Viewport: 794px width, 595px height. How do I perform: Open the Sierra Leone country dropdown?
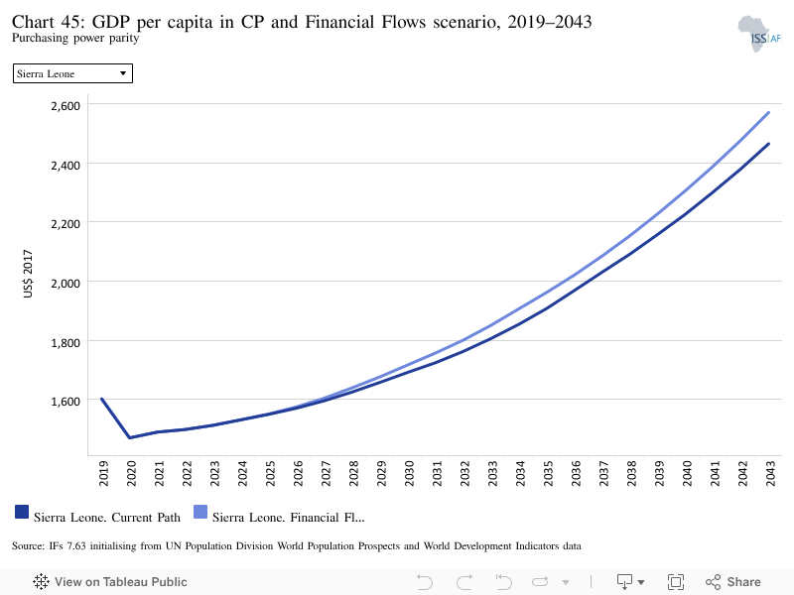pyautogui.click(x=72, y=73)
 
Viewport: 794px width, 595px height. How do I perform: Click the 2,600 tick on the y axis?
pyautogui.click(x=66, y=106)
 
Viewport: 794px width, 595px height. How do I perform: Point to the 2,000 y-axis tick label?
pyautogui.click(x=66, y=283)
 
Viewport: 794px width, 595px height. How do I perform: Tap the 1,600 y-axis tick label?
pyautogui.click(x=66, y=402)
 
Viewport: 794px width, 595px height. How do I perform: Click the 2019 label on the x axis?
pyautogui.click(x=103, y=474)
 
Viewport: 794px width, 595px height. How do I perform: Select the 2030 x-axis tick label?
pyautogui.click(x=409, y=474)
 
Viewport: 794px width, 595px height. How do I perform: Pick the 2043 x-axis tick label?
pyautogui.click(x=770, y=474)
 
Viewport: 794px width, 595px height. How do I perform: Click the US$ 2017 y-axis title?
pyautogui.click(x=28, y=274)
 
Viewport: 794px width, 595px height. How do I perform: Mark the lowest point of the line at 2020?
pyautogui.click(x=130, y=437)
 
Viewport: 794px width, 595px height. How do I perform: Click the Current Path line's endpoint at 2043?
pyautogui.click(x=768, y=144)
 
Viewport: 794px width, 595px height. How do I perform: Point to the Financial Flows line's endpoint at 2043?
pyautogui.click(x=768, y=112)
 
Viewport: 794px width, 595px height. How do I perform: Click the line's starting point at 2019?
pyautogui.click(x=102, y=399)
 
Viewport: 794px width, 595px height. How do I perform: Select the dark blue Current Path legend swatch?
pyautogui.click(x=22, y=512)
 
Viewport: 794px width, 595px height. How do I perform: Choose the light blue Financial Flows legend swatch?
pyautogui.click(x=200, y=512)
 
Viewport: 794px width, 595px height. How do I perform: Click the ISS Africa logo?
pyautogui.click(x=759, y=34)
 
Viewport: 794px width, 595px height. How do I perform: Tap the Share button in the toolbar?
pyautogui.click(x=733, y=582)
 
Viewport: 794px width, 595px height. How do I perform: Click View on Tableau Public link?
pyautogui.click(x=110, y=582)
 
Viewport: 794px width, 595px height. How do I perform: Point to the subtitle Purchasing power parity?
pyautogui.click(x=75, y=38)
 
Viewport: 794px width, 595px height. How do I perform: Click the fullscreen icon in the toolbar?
pyautogui.click(x=676, y=582)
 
